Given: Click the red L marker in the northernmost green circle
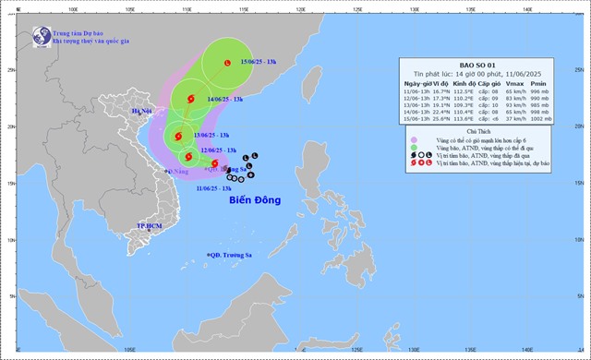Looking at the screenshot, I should (227, 63).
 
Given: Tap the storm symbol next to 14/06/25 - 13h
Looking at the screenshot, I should (191, 99).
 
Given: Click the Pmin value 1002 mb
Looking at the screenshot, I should (566, 118).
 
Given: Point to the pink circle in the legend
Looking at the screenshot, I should (414, 140).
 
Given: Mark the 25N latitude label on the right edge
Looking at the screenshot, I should (580, 70).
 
